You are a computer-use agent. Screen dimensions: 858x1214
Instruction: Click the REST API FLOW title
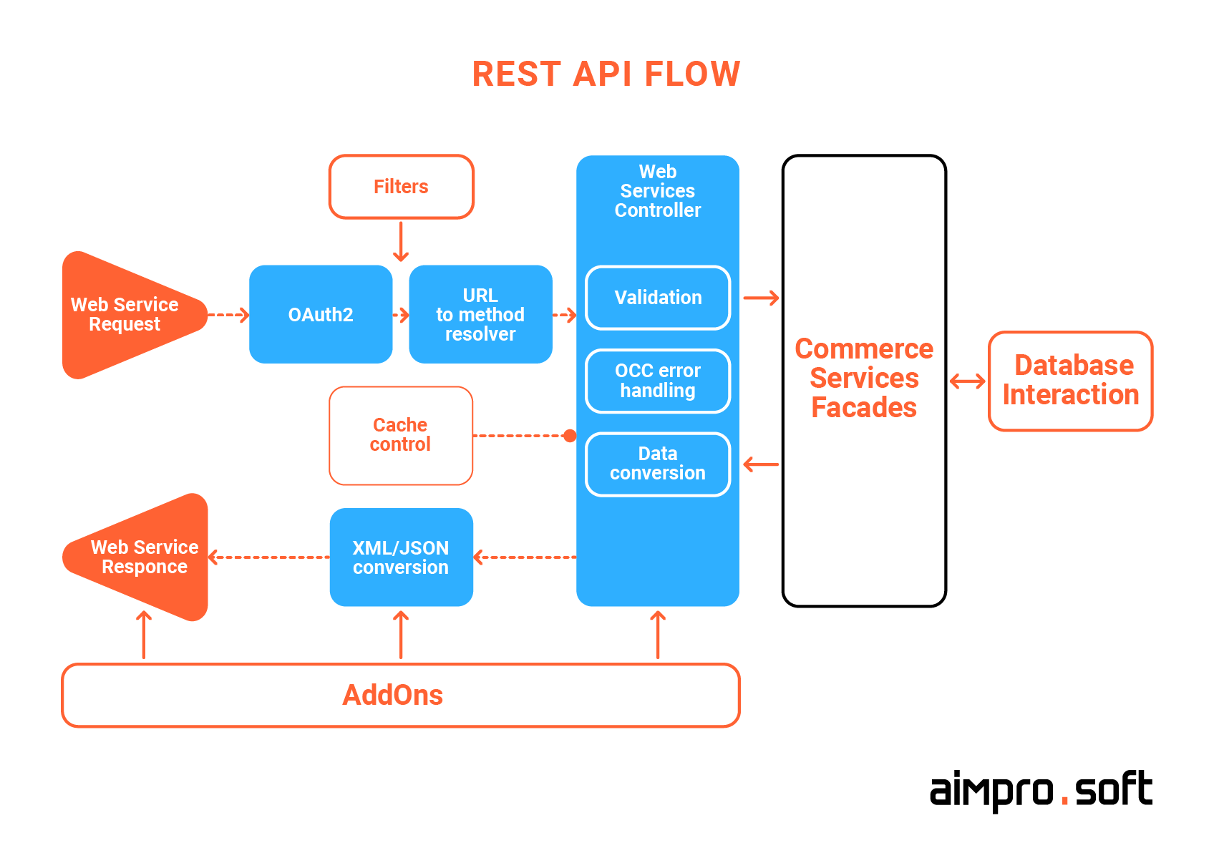tap(606, 74)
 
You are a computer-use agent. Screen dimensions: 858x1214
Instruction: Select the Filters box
tap(401, 187)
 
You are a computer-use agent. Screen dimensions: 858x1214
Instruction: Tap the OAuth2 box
tap(321, 315)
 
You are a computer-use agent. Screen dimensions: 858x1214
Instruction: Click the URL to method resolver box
tap(480, 315)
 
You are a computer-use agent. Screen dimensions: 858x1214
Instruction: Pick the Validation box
tap(658, 298)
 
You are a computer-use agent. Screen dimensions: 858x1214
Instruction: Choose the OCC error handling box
tap(658, 381)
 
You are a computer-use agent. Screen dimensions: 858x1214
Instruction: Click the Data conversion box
tap(658, 464)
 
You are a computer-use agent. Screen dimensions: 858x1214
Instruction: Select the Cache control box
tap(401, 435)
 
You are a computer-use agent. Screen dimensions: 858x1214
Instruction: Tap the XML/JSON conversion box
tap(401, 557)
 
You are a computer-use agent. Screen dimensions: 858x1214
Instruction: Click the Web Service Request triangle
tap(125, 315)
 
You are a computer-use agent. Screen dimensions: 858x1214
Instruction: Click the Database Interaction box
tap(1070, 381)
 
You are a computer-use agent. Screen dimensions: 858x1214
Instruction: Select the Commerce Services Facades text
tap(864, 378)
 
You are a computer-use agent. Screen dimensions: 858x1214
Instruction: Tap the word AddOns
tap(393, 695)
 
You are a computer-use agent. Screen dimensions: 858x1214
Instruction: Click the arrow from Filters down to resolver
tap(401, 242)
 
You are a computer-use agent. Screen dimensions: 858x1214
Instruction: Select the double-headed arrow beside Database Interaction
tap(967, 381)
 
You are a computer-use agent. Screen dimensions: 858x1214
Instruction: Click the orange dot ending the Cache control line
tap(570, 435)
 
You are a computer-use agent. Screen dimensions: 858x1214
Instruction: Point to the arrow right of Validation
tap(761, 298)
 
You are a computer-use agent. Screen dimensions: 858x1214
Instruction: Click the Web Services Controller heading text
tap(658, 191)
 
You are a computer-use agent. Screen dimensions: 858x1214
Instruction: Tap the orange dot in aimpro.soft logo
tap(1064, 802)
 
